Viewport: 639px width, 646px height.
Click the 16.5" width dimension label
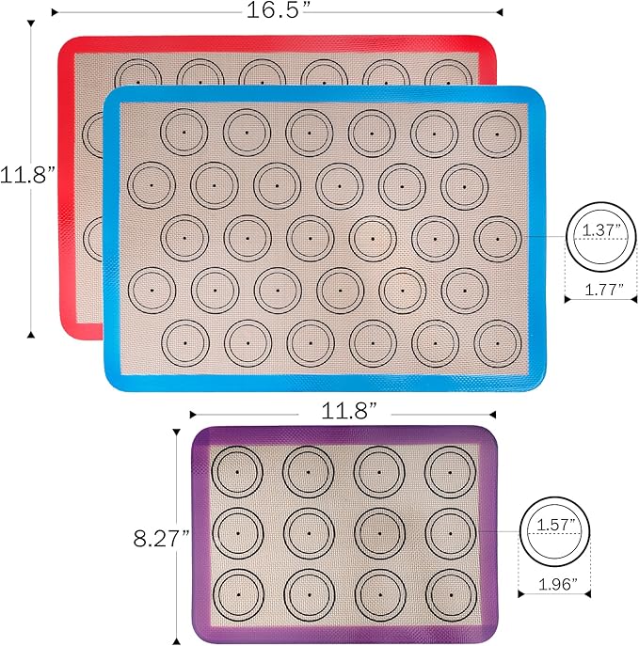(x=276, y=10)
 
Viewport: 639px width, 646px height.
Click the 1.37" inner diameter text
(x=599, y=229)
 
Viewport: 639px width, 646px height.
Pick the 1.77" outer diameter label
(x=598, y=291)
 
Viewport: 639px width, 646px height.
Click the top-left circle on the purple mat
(x=237, y=470)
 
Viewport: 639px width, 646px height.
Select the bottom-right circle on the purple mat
(x=451, y=594)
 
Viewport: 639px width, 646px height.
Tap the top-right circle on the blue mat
(x=498, y=133)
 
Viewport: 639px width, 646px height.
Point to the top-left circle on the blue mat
(x=184, y=133)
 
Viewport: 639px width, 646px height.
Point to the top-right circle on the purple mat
(x=451, y=470)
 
